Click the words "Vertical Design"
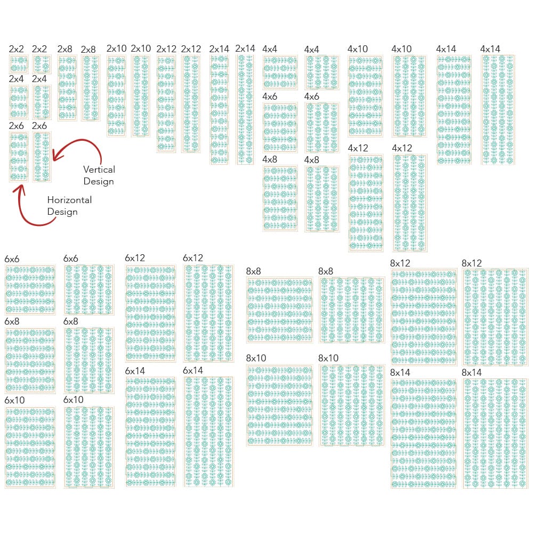[99, 175]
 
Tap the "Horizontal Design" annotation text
[69, 206]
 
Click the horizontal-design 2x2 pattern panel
[18, 64]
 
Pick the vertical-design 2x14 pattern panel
[246, 109]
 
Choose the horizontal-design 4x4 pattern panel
[280, 72]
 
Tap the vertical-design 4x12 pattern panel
[410, 203]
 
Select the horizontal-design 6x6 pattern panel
[30, 290]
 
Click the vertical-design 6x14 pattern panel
[208, 431]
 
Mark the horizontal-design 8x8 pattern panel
[279, 310]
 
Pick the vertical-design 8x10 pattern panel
[352, 405]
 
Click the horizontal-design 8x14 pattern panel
[424, 433]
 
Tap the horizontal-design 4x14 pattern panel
[454, 109]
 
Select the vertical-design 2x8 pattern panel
[90, 88]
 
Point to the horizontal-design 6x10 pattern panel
[30, 448]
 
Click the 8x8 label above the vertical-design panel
[326, 271]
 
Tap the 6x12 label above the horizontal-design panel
[135, 258]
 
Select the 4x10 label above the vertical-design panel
[401, 49]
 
